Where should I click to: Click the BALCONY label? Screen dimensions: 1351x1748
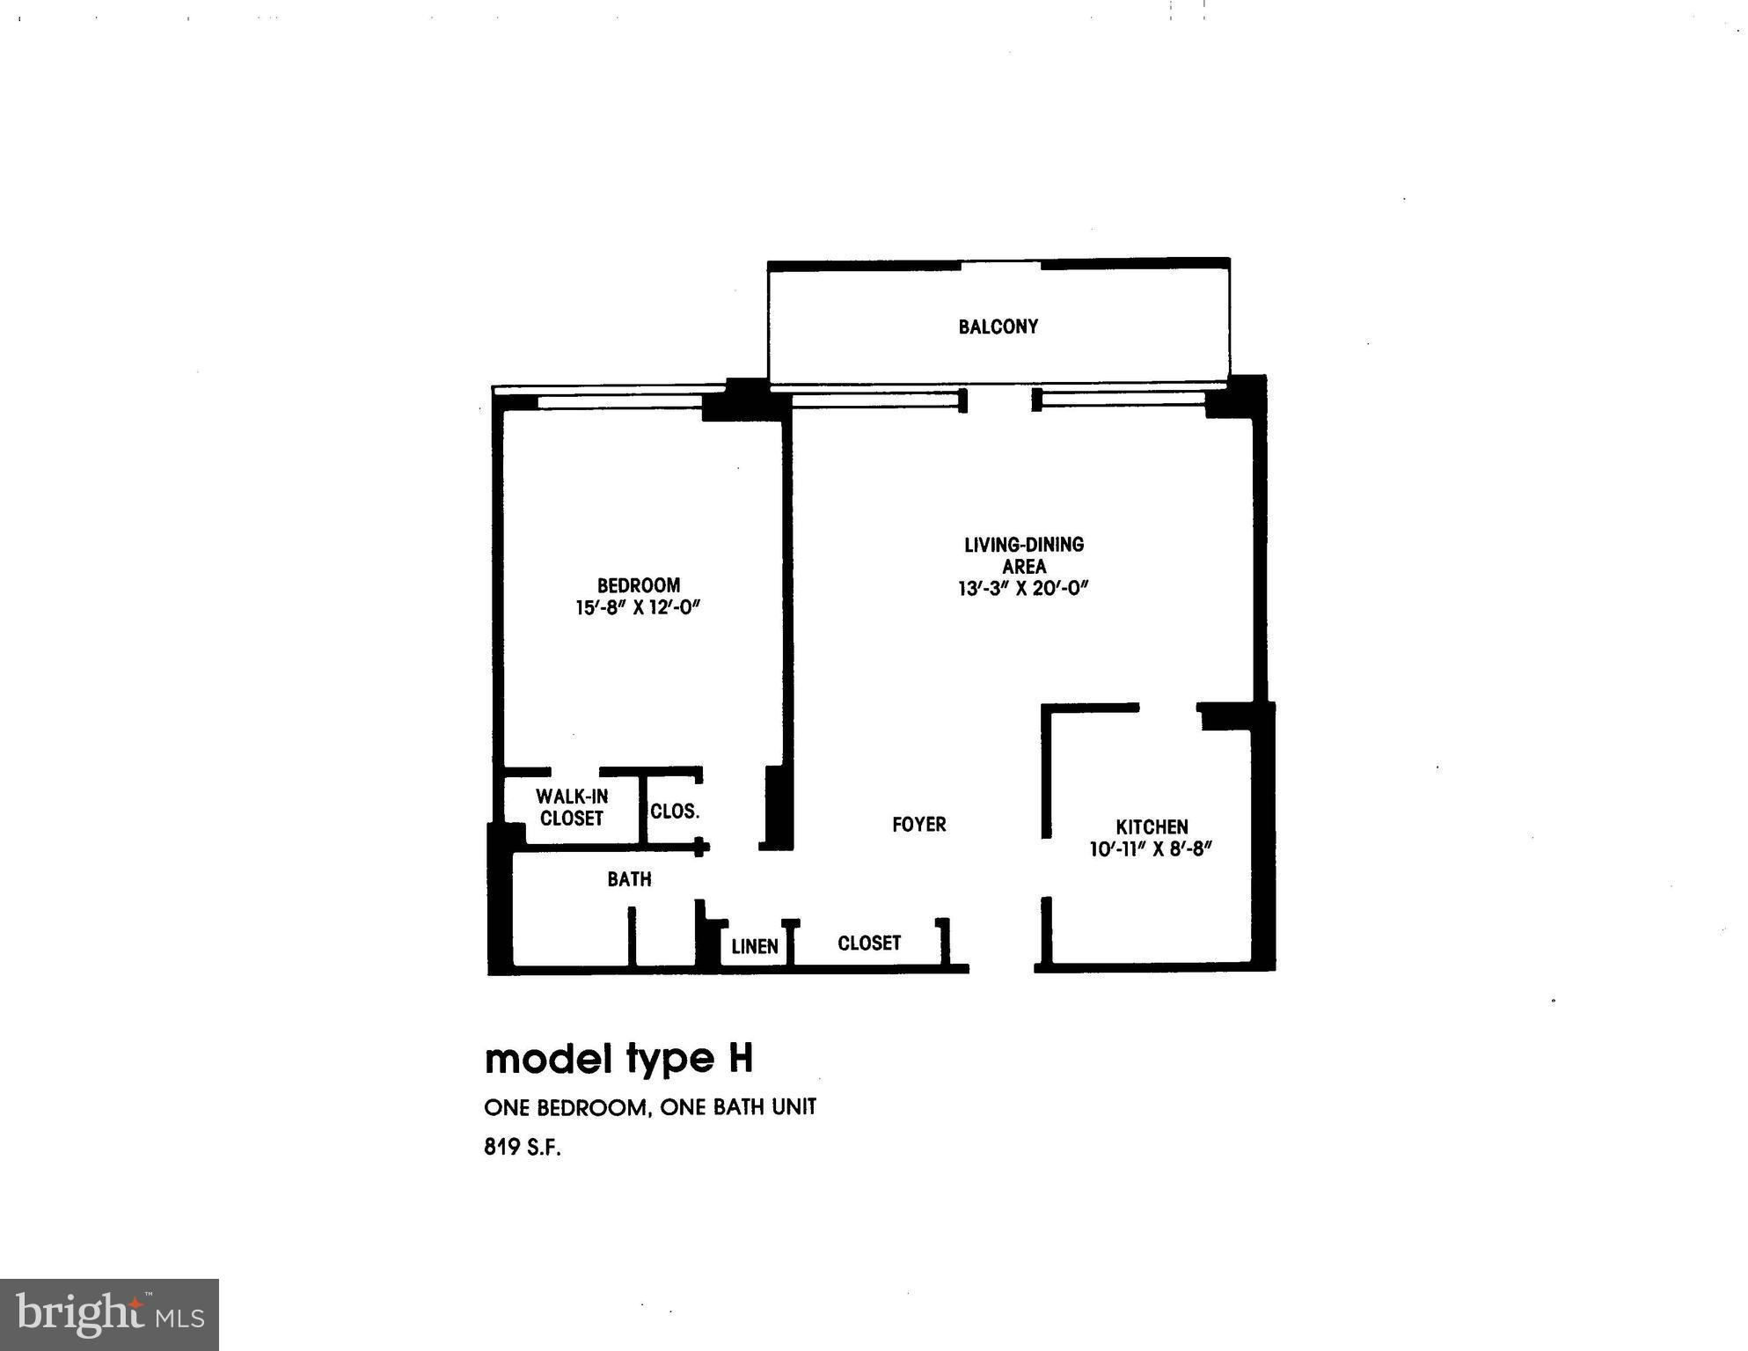pos(998,327)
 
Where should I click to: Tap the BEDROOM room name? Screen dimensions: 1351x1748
pos(638,585)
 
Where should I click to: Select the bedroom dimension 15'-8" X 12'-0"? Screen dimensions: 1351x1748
pos(638,607)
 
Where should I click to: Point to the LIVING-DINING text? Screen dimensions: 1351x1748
pos(1023,544)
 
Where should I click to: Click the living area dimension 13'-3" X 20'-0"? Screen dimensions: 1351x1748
pos(1023,589)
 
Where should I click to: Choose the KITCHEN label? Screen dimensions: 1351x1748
pos(1152,826)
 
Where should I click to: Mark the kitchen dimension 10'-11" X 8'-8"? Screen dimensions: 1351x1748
pos(1151,849)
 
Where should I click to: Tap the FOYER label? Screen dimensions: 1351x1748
pos(918,825)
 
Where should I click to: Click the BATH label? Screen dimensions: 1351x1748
pos(629,878)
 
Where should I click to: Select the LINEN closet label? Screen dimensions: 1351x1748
pos(755,946)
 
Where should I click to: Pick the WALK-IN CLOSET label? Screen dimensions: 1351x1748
pos(572,807)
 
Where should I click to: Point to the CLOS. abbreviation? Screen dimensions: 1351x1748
pos(675,811)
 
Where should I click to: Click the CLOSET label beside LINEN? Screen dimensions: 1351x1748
pos(869,943)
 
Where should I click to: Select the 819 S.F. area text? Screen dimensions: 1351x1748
pos(522,1147)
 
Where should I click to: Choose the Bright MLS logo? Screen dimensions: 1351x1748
pos(109,1314)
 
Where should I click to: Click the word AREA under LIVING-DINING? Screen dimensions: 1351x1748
pos(1023,567)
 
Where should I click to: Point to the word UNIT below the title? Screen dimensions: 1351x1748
pos(794,1106)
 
